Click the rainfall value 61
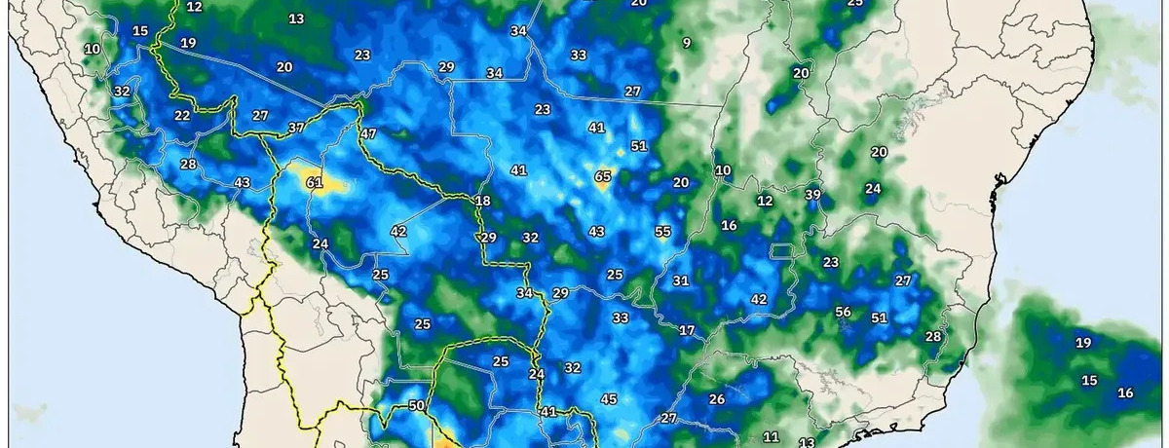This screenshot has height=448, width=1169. click(314, 182)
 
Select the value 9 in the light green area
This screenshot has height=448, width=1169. click(687, 42)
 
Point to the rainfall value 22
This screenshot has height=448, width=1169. click(182, 115)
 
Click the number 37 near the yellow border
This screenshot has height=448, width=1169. click(297, 128)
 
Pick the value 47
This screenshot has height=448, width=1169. click(367, 132)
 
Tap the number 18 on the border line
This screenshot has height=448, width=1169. click(482, 201)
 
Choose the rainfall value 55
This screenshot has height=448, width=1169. click(663, 231)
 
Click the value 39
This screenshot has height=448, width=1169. click(813, 194)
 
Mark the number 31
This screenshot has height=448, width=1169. click(681, 280)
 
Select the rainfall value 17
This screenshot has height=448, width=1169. click(687, 330)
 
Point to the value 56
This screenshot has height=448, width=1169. click(844, 312)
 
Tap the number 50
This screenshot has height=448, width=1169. click(416, 405)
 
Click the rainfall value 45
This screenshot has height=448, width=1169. click(609, 398)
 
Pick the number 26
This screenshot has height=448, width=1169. click(717, 398)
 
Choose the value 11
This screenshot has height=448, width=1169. click(771, 436)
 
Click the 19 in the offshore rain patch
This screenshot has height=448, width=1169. click(1082, 342)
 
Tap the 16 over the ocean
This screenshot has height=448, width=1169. click(1125, 392)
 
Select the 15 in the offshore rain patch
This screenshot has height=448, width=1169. click(1090, 380)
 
